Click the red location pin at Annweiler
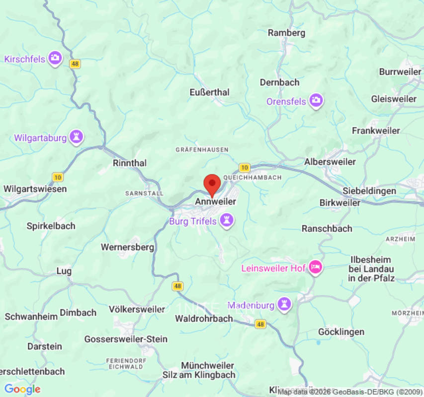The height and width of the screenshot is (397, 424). (x=212, y=184)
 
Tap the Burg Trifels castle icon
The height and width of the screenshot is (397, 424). (x=227, y=221)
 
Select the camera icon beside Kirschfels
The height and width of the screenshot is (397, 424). (x=55, y=58)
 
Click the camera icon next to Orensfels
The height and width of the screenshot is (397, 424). (x=316, y=101)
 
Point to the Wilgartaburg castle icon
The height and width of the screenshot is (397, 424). (x=76, y=136)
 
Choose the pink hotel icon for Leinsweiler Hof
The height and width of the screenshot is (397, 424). (x=315, y=268)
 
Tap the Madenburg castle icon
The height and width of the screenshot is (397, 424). (x=284, y=305)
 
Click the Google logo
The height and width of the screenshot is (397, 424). (x=22, y=390)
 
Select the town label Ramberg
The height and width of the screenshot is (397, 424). (x=286, y=33)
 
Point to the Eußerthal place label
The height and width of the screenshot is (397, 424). (x=209, y=92)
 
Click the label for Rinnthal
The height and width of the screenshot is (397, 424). (x=130, y=163)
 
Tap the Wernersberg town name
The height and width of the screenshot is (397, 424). (x=127, y=247)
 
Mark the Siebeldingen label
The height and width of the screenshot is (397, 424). (x=369, y=191)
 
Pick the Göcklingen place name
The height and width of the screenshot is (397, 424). (x=341, y=331)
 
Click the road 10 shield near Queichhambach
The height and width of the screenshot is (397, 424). (x=244, y=168)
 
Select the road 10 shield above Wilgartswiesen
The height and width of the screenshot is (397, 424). (x=58, y=177)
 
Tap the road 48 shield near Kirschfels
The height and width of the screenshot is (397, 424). (x=75, y=64)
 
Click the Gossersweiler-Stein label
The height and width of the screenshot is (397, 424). (x=126, y=339)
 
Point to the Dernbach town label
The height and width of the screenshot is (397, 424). (x=279, y=82)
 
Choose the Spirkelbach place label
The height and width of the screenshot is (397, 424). (x=51, y=226)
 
